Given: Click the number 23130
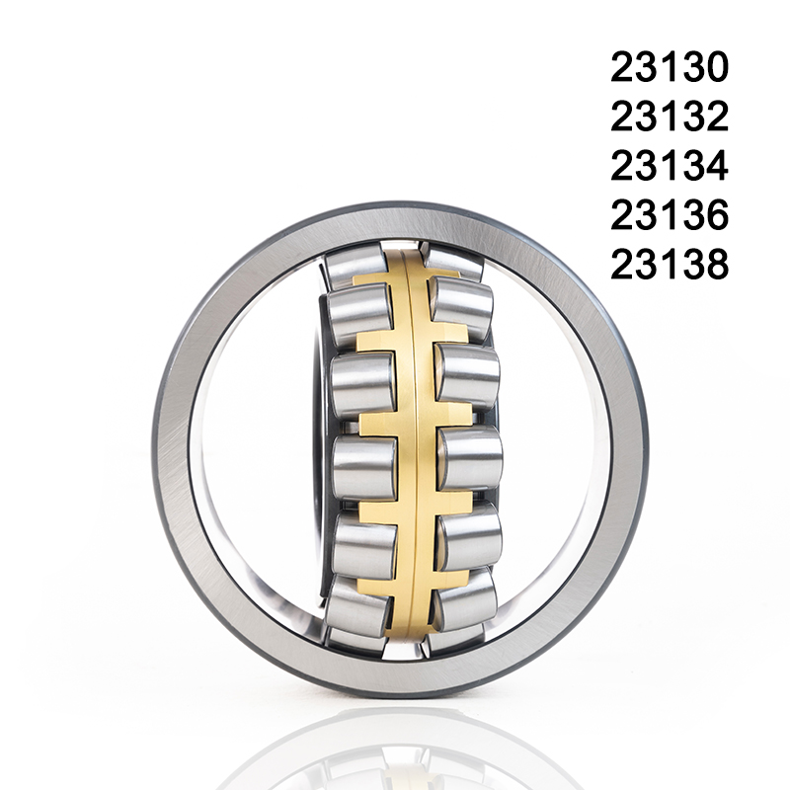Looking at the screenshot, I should click(x=669, y=67).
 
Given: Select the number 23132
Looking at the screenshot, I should click(x=669, y=117).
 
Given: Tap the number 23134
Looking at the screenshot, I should click(x=669, y=166).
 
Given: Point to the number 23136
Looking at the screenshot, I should click(x=669, y=215).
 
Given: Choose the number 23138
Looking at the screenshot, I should click(x=669, y=265).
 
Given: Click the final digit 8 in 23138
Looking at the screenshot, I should click(x=716, y=265).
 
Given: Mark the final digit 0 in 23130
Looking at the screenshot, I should click(x=716, y=67).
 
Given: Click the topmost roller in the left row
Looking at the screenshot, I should click(x=356, y=265).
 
